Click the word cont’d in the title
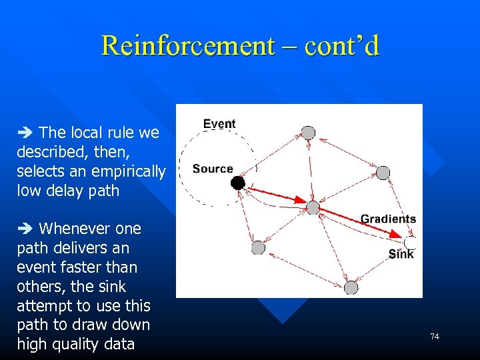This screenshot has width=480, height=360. click(341, 46)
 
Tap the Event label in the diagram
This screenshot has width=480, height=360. click(219, 124)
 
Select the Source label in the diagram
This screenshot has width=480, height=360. click(213, 169)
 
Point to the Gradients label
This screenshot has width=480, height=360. click(388, 219)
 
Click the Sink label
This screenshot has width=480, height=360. click(401, 254)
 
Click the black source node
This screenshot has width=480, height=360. click(238, 182)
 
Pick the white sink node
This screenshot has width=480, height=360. click(411, 242)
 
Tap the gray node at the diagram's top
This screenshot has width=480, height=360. click(308, 133)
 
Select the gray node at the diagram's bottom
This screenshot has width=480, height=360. click(351, 287)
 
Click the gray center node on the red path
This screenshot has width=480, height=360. click(313, 207)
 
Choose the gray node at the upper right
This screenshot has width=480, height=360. click(383, 173)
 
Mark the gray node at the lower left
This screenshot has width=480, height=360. click(258, 248)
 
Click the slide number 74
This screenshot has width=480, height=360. click(435, 337)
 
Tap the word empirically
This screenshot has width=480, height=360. click(129, 171)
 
